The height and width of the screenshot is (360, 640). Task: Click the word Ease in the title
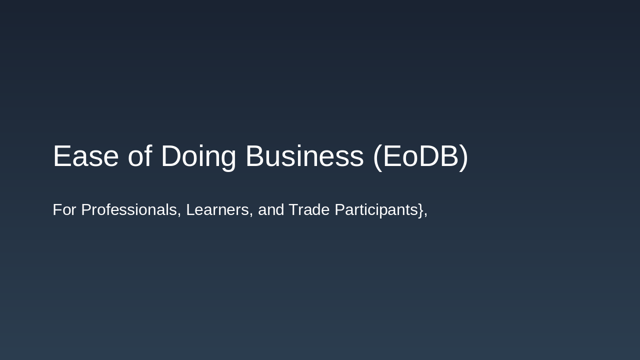85,156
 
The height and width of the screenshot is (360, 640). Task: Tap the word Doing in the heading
198,156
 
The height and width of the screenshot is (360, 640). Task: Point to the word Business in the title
304,156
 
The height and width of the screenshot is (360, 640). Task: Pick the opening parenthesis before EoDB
377,156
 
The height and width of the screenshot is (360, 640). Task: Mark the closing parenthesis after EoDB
463,156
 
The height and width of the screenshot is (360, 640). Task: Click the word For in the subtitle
64,210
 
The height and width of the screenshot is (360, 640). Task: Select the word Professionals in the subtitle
128,210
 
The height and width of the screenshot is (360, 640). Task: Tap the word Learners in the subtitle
217,210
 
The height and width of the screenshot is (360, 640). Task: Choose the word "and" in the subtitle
270,210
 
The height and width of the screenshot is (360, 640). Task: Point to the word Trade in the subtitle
309,210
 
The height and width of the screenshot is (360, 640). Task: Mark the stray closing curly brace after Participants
420,210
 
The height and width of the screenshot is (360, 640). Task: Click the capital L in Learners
190,210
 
